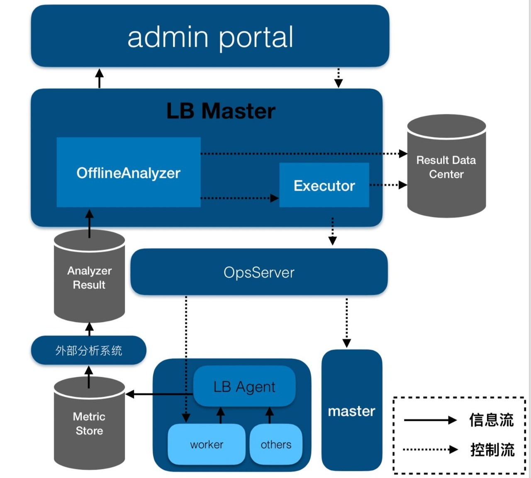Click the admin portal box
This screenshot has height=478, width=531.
(x=210, y=36)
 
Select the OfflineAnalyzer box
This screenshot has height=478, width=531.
(x=129, y=172)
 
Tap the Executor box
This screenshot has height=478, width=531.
(x=324, y=185)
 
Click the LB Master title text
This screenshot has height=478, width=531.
(x=221, y=111)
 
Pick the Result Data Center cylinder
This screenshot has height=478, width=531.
(x=446, y=167)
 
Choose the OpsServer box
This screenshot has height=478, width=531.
(x=259, y=272)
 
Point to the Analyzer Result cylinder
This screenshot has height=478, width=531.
(x=89, y=278)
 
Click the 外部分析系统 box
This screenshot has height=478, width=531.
(x=89, y=350)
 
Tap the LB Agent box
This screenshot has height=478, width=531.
(x=244, y=386)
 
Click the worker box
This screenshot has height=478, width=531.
(x=207, y=444)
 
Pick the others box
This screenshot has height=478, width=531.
(x=276, y=444)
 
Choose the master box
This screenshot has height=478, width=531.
(x=351, y=411)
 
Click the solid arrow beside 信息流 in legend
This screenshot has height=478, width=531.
(x=430, y=420)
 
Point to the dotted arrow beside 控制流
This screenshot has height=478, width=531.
(x=430, y=449)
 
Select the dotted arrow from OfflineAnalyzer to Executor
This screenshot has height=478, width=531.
(x=240, y=198)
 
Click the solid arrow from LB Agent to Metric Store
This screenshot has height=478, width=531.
(x=159, y=394)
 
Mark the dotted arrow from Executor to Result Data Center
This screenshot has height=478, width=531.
(x=388, y=185)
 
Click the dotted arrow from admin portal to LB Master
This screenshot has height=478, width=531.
(x=339, y=78)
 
